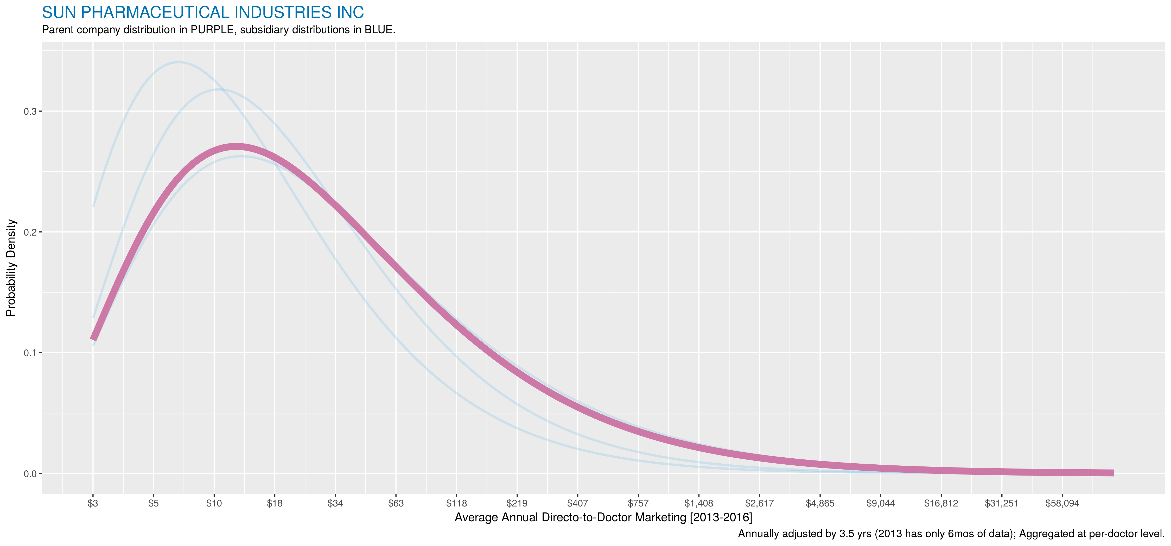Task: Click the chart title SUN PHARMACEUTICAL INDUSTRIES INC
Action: pos(203,12)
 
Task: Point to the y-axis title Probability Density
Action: pos(11,268)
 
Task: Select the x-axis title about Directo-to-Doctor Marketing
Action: pos(603,517)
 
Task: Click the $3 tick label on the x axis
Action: pos(93,503)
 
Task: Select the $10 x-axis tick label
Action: pos(214,503)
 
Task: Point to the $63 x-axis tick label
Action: pos(396,503)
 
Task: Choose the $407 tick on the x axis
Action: pos(577,503)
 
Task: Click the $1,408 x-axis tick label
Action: pos(699,503)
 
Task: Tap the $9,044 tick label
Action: pos(881,503)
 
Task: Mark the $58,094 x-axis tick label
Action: pos(1062,503)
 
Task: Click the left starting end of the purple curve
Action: pos(93,339)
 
